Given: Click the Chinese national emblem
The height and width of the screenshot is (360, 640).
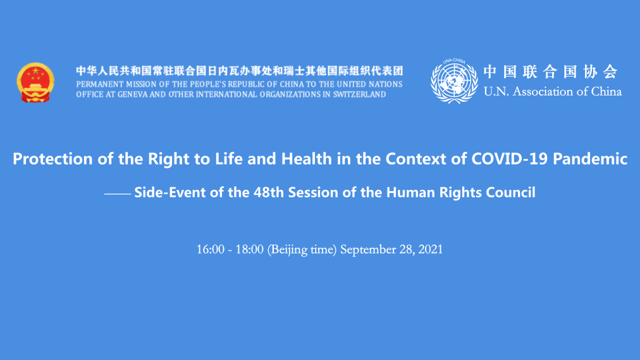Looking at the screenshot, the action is (x=35, y=82).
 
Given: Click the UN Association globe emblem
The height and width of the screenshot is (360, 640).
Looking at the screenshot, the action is (x=454, y=81).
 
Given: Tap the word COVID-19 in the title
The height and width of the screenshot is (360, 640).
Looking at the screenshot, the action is (x=509, y=158).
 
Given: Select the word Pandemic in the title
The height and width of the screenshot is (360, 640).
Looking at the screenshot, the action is (x=590, y=158).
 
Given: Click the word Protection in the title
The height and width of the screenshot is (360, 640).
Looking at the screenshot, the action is (x=52, y=159).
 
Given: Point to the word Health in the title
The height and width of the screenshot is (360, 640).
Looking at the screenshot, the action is (x=307, y=158).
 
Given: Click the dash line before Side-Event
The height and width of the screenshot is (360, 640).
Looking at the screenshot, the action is (x=118, y=194).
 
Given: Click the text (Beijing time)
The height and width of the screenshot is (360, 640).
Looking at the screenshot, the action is (x=302, y=250).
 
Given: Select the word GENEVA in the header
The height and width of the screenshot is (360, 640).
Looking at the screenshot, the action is (x=132, y=94).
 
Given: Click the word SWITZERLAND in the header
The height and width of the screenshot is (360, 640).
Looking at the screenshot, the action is (x=360, y=94).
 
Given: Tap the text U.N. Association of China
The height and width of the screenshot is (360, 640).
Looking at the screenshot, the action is (x=553, y=92).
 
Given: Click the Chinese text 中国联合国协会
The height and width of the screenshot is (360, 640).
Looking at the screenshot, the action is (x=551, y=72).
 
